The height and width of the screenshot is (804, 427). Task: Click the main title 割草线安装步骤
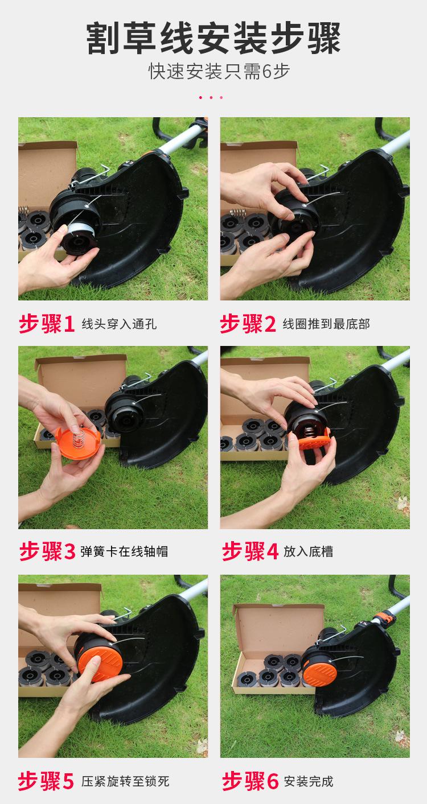click(213, 38)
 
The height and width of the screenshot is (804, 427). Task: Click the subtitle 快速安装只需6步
click(219, 71)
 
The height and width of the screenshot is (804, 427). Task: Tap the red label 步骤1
click(47, 324)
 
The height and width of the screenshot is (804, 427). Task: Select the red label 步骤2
click(248, 324)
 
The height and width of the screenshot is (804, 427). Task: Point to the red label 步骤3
click(47, 551)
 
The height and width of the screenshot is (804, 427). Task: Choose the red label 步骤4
click(250, 551)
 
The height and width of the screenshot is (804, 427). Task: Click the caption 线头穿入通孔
click(119, 324)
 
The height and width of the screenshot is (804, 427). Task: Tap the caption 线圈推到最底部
click(326, 324)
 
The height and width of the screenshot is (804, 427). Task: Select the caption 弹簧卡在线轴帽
click(124, 551)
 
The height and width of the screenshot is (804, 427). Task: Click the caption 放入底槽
click(308, 551)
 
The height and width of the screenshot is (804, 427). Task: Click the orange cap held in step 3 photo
click(79, 443)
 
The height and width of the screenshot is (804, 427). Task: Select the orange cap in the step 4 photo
click(310, 438)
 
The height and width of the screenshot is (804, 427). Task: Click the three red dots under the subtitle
click(211, 97)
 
